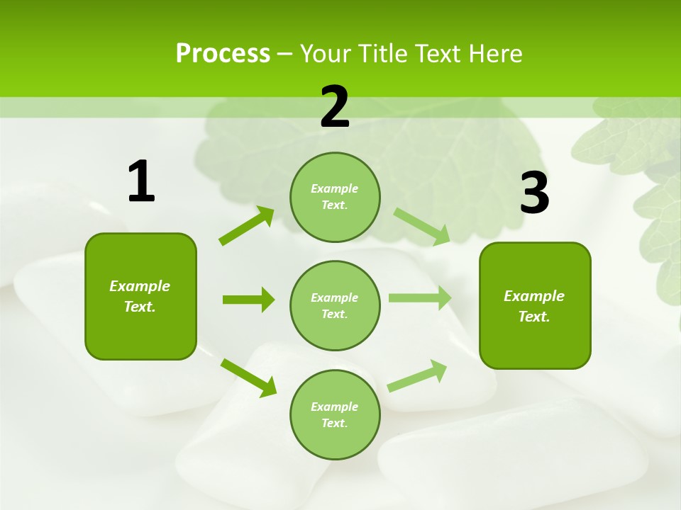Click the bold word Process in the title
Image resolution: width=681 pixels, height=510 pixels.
[x=223, y=54]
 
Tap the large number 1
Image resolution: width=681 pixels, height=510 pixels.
[x=141, y=182]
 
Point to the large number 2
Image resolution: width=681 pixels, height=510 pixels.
[x=335, y=107]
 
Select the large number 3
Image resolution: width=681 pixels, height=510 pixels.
[x=534, y=193]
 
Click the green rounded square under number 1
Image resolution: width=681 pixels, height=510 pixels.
[x=140, y=296]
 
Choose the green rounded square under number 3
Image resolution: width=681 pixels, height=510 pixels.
[x=535, y=305]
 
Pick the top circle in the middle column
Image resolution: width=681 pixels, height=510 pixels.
[x=335, y=197]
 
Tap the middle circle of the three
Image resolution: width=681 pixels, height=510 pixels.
[x=335, y=305]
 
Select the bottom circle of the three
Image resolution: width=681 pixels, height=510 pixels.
[x=335, y=414]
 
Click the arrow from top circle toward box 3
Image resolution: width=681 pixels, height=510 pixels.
[x=421, y=225]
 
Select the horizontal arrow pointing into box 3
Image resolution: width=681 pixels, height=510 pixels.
[x=419, y=297]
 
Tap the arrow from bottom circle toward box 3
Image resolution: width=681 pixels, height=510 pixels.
[x=417, y=376]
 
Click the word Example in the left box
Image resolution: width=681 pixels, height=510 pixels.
[x=140, y=286]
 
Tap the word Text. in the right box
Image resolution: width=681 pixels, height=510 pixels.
[x=534, y=317]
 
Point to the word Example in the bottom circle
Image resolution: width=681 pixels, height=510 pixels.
[x=334, y=407]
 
